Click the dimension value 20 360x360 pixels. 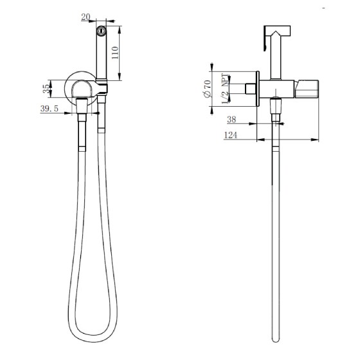point(85,17)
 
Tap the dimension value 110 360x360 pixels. point(115,53)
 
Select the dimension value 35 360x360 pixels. point(46,89)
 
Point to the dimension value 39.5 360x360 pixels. point(50,109)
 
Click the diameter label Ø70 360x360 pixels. point(207,89)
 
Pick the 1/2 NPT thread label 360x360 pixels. point(225,89)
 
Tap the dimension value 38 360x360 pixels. point(231,120)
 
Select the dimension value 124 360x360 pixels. point(231,135)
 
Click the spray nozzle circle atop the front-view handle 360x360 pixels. point(102,31)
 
